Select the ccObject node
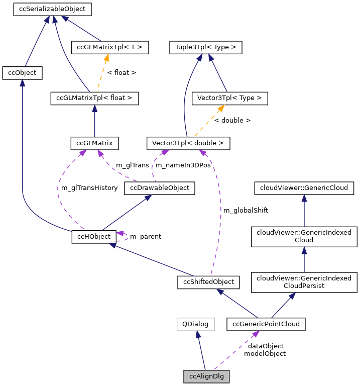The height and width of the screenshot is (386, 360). pos(22,73)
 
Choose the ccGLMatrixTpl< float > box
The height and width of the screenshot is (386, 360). pos(94,98)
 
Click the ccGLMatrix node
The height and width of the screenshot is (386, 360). pos(94,143)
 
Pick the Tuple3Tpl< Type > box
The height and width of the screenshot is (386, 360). pos(206,48)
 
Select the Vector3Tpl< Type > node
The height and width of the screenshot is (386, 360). pos(230,98)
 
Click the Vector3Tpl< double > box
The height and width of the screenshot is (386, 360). pos(188,143)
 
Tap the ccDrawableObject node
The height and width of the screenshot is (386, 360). pos(160,188)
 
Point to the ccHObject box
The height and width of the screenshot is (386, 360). pos(94,236)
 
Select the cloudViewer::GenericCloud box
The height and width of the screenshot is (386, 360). pos(304,188)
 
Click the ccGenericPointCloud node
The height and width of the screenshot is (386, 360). pos(266,324)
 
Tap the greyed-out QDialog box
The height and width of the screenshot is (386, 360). pos(195,324)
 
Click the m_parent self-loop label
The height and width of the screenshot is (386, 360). pos(146,236)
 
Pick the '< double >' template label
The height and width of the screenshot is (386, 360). pos(232,121)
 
